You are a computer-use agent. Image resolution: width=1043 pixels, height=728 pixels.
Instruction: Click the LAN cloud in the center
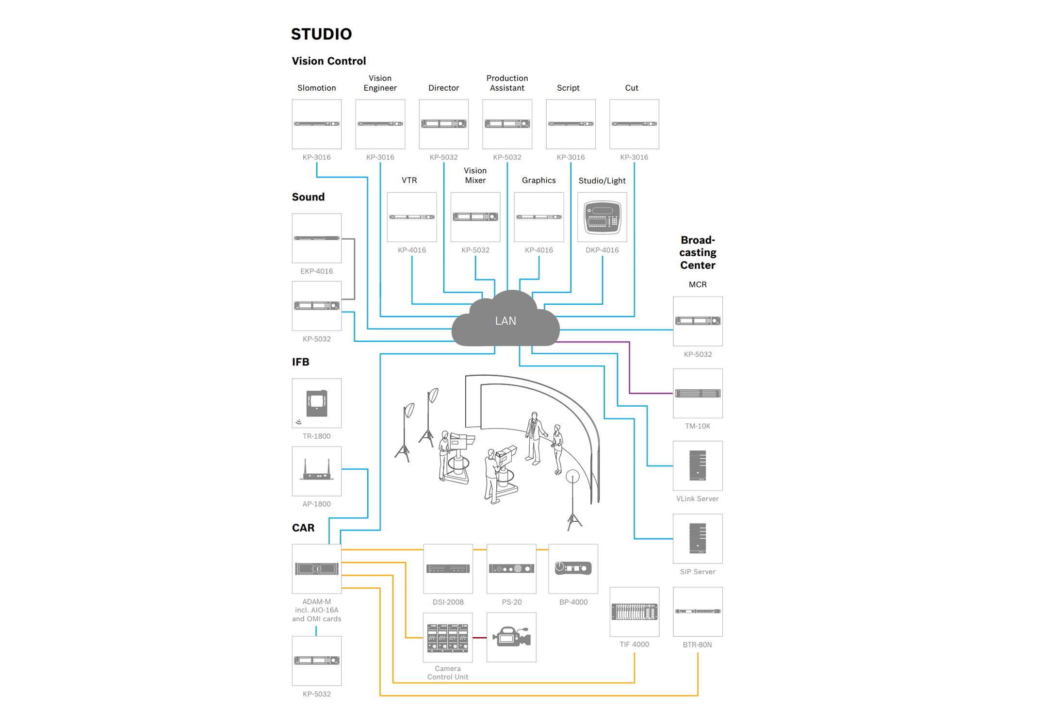coord(505,320)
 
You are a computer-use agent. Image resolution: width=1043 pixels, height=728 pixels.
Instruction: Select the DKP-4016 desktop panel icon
coord(602,217)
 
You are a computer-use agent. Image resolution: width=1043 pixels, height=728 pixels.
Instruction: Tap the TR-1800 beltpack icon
coord(317,403)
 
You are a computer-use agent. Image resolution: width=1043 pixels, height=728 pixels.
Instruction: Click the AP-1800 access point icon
coord(317,471)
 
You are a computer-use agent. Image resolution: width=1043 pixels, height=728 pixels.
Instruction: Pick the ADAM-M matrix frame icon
coord(317,568)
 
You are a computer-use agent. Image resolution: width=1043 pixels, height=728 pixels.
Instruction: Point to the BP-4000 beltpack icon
coord(573,568)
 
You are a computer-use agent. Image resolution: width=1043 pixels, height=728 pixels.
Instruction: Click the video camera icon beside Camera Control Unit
coord(511,637)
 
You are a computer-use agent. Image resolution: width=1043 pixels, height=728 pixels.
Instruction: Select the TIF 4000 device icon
coord(634,612)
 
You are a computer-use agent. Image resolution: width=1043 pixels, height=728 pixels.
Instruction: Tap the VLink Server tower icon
coord(698,465)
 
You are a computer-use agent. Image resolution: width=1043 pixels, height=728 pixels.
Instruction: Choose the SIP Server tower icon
coord(698,538)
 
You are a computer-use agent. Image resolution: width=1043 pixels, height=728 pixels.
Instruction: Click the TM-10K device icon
coord(698,393)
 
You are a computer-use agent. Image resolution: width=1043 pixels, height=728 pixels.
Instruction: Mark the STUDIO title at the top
coord(321,34)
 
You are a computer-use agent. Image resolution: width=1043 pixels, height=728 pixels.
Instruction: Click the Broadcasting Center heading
coord(698,252)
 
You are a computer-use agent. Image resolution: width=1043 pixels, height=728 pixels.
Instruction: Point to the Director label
coord(443,88)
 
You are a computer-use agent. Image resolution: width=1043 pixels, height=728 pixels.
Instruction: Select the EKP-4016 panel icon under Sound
coord(317,238)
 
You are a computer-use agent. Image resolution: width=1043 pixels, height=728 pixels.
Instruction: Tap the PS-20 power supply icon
coord(511,568)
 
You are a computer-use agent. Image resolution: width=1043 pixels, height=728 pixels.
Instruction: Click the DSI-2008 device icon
coord(448,568)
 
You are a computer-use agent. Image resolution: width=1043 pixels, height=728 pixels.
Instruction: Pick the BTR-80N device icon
coord(698,612)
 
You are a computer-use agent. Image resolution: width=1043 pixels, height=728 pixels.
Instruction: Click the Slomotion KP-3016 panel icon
coord(317,124)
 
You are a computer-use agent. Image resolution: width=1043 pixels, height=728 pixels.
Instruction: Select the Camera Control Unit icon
coord(448,637)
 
